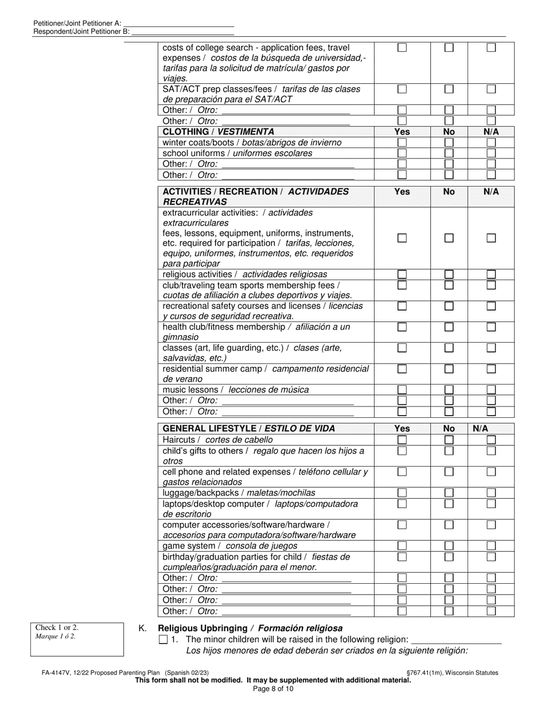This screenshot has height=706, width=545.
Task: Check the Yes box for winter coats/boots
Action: (x=402, y=142)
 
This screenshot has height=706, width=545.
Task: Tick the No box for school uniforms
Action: (x=449, y=153)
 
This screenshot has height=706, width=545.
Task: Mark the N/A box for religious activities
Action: (x=491, y=274)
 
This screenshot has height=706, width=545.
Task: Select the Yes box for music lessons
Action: (x=402, y=390)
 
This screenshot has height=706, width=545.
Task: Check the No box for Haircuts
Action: (x=449, y=440)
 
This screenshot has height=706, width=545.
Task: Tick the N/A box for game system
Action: (x=491, y=546)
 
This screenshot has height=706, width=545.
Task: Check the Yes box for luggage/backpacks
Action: (x=402, y=493)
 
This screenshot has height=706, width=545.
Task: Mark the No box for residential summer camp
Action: (x=449, y=368)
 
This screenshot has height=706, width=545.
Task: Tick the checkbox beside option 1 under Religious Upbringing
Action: (x=163, y=640)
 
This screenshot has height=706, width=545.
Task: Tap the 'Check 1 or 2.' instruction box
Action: (x=77, y=639)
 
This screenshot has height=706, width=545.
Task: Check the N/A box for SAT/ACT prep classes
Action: (x=491, y=89)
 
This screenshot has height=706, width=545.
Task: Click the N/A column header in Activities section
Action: (x=491, y=192)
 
